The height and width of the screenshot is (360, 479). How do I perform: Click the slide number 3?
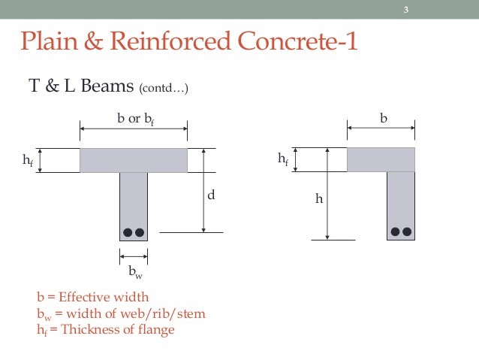click(x=405, y=10)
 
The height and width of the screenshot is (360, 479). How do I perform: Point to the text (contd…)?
click(x=164, y=89)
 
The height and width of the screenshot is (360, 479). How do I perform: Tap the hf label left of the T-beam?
click(x=19, y=160)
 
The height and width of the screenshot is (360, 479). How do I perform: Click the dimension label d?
click(x=212, y=195)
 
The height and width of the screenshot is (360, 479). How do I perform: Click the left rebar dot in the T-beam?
click(x=128, y=232)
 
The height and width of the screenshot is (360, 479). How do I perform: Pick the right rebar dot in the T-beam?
click(x=139, y=232)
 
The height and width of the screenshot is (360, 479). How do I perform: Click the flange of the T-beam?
click(x=134, y=160)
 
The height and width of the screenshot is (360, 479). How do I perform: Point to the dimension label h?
click(x=319, y=199)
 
